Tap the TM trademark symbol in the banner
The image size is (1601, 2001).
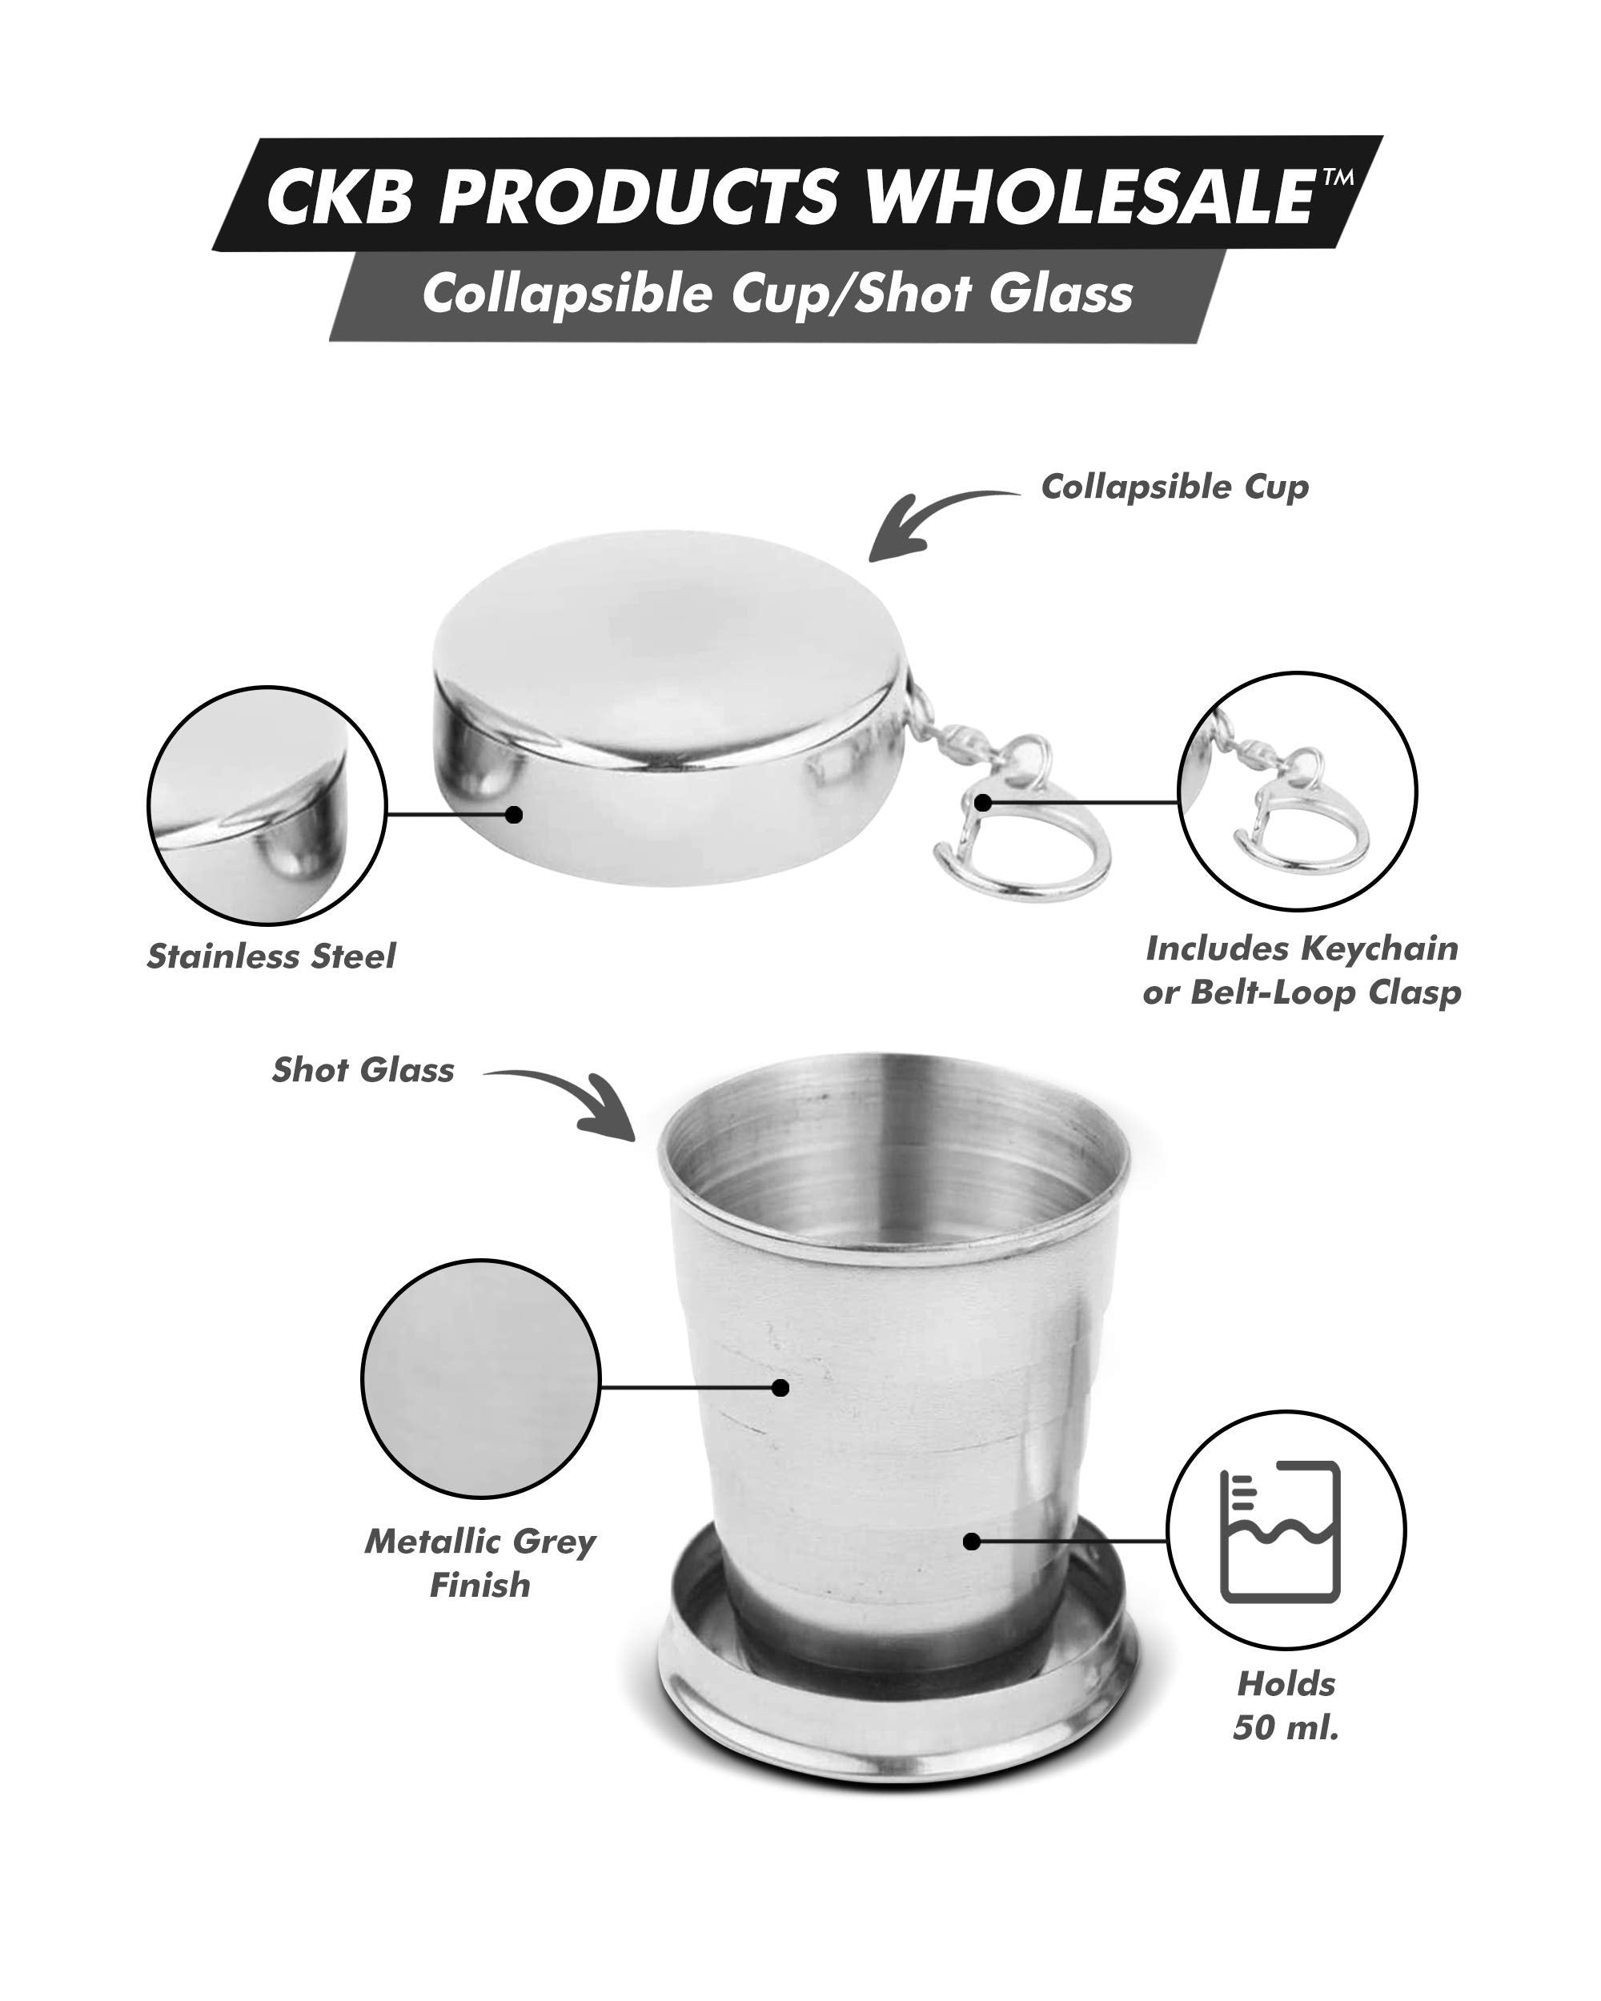click(1338, 176)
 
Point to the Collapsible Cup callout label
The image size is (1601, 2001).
click(1174, 487)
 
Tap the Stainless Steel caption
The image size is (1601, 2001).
click(271, 956)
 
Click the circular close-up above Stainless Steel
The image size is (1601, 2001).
click(267, 804)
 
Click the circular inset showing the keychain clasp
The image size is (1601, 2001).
click(1297, 791)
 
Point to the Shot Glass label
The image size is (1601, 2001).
click(363, 1070)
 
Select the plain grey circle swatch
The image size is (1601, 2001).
click(479, 1378)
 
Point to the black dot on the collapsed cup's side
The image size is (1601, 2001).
click(514, 814)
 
